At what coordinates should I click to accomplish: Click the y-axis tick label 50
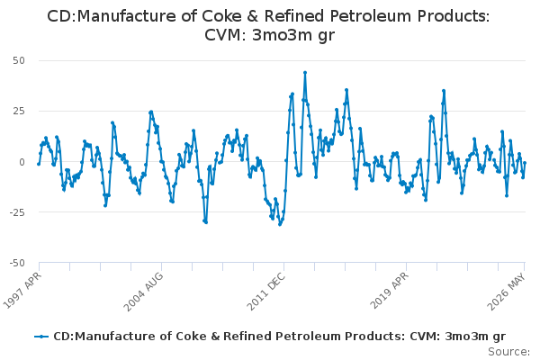19,60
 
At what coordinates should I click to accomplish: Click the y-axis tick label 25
19,112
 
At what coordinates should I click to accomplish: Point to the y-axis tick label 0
22,162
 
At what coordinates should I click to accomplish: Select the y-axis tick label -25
17,212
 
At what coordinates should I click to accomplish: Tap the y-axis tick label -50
17,263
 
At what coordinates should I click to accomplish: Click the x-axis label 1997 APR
22,290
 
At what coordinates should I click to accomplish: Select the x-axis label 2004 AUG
143,292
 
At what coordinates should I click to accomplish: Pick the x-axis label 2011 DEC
265,292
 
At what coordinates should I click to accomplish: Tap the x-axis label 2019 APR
389,291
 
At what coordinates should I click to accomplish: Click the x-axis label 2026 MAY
506,292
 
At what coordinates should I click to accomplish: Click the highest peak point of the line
305,73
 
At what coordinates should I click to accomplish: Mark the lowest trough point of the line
280,225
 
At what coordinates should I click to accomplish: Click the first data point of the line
39,164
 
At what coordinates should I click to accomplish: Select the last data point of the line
525,163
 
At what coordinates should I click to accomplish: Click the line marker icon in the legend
41,337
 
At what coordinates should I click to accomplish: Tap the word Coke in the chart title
220,16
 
